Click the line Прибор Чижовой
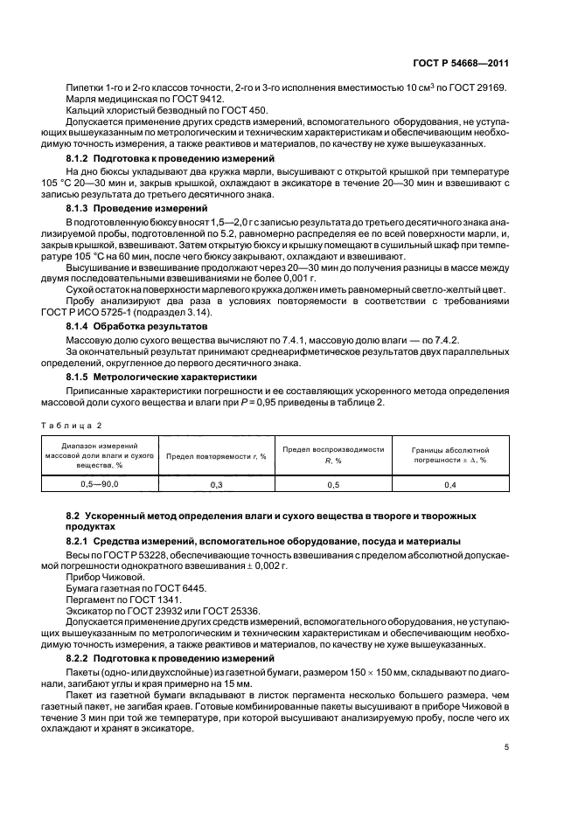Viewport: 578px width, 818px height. coord(103,578)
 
